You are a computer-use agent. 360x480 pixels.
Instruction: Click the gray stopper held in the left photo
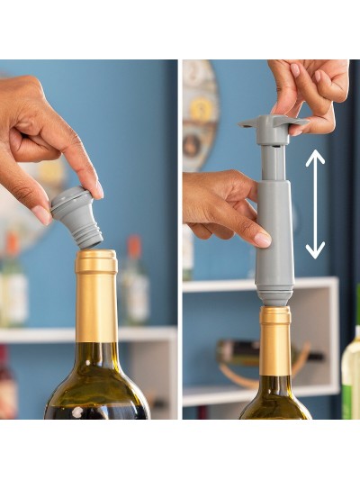(x=76, y=216)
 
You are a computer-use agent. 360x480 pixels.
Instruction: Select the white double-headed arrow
(x=315, y=204)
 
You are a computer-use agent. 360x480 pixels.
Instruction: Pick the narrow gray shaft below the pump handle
(x=272, y=162)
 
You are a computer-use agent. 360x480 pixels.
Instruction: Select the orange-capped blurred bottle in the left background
(x=134, y=279)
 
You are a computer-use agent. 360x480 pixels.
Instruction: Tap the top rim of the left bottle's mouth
(x=96, y=255)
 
